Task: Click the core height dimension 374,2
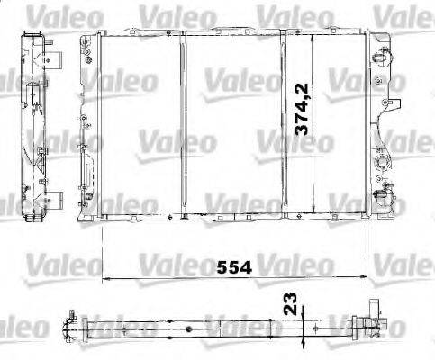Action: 302,110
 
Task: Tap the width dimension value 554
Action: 234,267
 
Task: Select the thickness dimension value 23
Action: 290,304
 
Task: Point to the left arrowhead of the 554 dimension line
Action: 105,278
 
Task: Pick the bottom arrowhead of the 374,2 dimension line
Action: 313,209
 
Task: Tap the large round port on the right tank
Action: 383,162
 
